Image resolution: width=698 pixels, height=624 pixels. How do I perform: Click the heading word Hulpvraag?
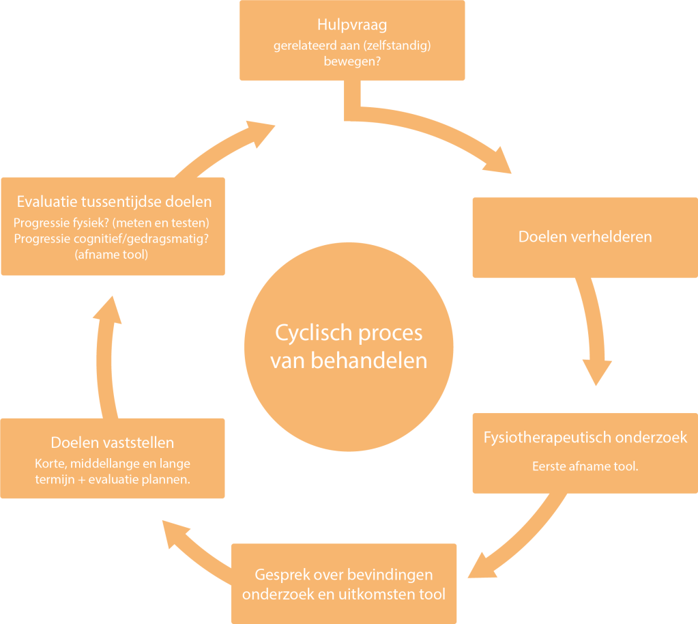[x=352, y=25]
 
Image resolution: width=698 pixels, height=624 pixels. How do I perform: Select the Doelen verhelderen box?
[x=585, y=237]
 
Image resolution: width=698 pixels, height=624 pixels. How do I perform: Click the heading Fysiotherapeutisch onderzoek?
[x=585, y=437]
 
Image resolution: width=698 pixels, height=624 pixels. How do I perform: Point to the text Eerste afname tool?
[x=585, y=467]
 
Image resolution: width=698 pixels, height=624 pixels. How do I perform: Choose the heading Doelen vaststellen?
[x=113, y=442]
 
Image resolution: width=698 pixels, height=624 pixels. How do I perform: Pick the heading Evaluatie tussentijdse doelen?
[x=114, y=201]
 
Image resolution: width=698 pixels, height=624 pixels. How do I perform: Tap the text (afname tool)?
[x=115, y=255]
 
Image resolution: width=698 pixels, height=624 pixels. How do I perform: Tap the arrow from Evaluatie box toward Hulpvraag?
[x=225, y=147]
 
